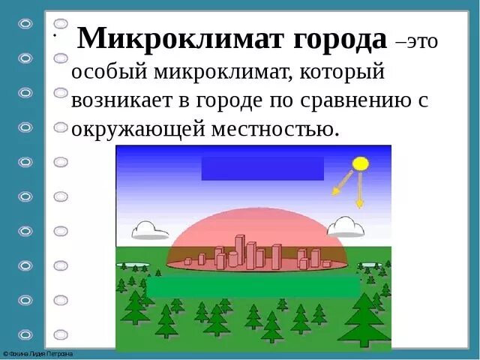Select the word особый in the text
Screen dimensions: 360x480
(106, 72)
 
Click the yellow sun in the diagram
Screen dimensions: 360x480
(361, 163)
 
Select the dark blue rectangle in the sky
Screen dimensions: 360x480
(262, 168)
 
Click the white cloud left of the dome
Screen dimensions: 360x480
(150, 229)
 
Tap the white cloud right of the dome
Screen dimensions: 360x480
(346, 226)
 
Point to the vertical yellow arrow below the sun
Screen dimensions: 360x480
(360, 190)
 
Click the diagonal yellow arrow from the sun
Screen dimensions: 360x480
(343, 184)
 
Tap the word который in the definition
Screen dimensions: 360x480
(338, 72)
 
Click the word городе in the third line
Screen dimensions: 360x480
(265, 100)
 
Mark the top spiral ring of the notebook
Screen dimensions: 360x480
(26, 23)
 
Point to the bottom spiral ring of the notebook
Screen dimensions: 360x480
(26, 334)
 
